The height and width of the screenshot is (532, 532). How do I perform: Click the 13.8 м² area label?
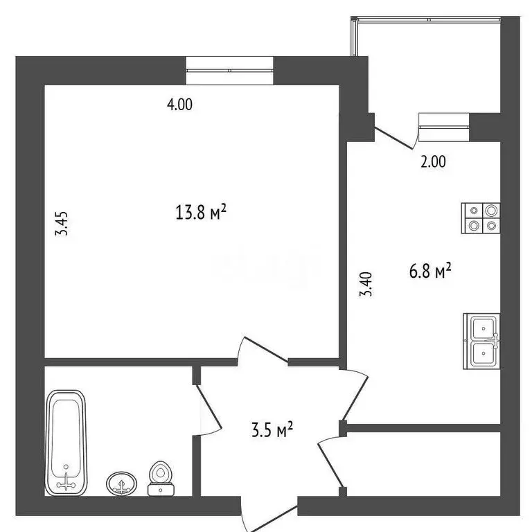(202, 212)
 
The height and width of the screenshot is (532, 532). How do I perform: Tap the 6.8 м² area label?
(429, 272)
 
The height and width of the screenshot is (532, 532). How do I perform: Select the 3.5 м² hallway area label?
(271, 432)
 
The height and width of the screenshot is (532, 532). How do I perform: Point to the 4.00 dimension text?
(179, 105)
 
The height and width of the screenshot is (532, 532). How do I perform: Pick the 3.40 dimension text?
(368, 284)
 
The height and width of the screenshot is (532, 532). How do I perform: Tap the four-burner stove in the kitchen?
(481, 217)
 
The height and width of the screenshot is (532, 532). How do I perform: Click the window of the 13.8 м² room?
(229, 70)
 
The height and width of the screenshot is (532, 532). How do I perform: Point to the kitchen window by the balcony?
(445, 123)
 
